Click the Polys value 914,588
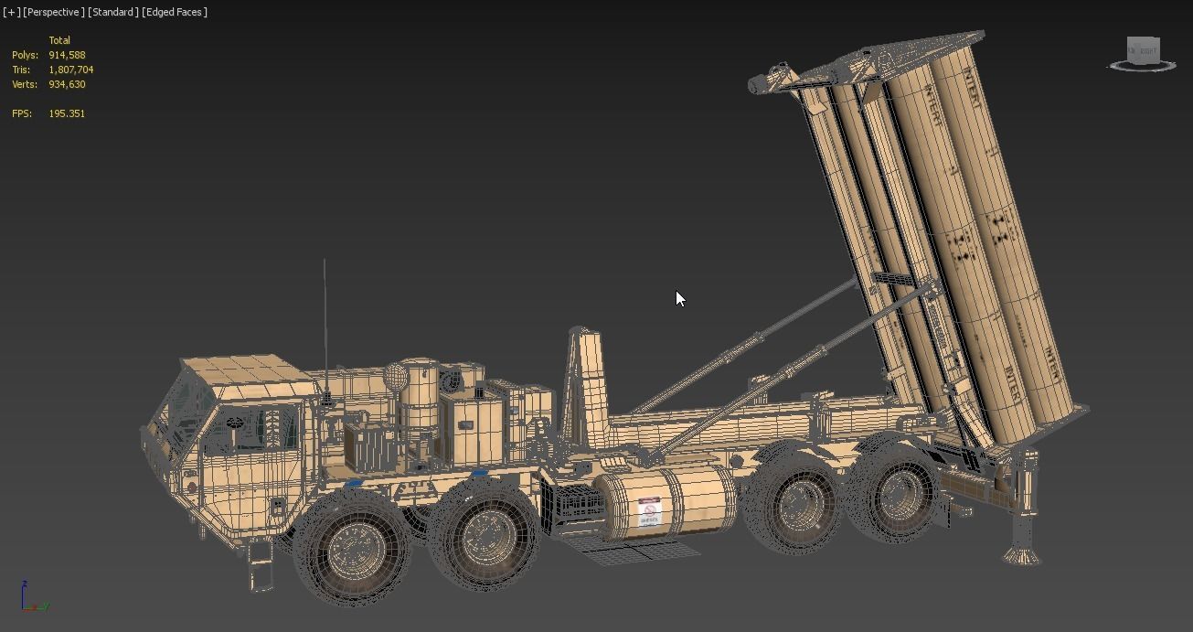point(67,55)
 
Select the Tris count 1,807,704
point(71,70)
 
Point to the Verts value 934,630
point(67,84)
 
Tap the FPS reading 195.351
point(67,113)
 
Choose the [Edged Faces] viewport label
point(175,12)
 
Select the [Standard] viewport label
point(113,12)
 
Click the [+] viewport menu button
point(11,12)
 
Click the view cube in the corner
point(1142,51)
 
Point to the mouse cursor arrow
point(680,298)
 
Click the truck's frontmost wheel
point(352,547)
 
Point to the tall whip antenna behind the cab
point(324,329)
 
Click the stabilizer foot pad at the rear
point(1021,554)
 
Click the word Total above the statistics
point(59,40)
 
